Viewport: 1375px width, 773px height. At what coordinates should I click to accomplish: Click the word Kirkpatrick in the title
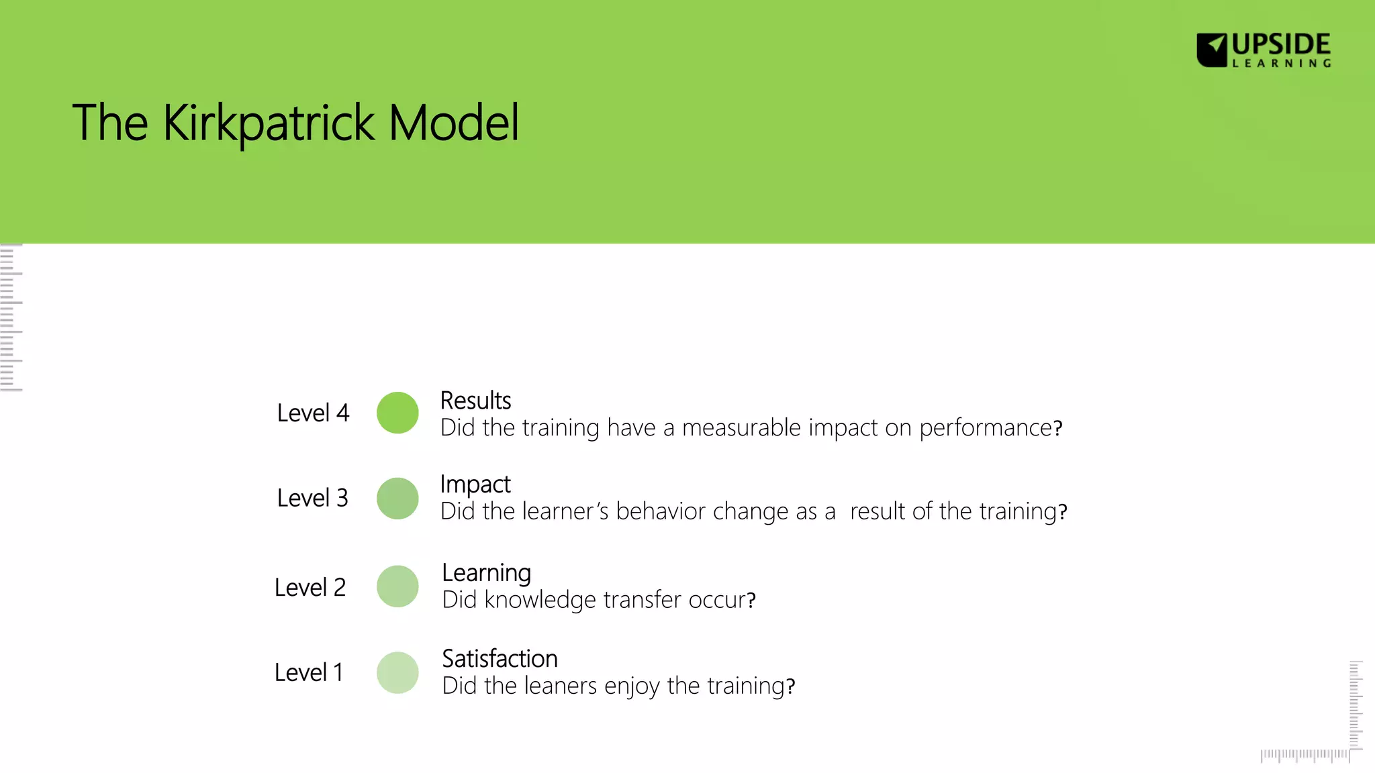[269, 123]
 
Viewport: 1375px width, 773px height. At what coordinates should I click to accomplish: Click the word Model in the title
[454, 123]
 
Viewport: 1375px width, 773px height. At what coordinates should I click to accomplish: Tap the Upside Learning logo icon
[1212, 50]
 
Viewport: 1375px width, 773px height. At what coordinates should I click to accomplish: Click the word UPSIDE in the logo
[1281, 44]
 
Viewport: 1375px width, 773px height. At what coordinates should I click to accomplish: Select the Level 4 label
[313, 413]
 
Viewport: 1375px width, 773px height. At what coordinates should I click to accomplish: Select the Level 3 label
[312, 499]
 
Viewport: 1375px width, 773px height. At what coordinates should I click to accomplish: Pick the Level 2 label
[310, 588]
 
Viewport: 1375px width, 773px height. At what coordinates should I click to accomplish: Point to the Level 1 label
[308, 673]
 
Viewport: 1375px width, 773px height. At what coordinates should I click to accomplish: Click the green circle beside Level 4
[397, 413]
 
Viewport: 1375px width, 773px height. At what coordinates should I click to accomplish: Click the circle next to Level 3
[397, 499]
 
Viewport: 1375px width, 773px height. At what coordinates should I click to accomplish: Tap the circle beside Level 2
[397, 586]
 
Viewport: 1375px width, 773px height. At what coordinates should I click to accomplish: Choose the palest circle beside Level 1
[397, 672]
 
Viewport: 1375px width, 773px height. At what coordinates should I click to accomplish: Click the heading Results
[475, 401]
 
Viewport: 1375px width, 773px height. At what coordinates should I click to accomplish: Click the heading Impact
[475, 484]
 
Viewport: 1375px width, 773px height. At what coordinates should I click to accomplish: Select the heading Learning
[486, 573]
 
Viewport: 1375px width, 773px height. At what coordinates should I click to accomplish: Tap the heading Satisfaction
[500, 659]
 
